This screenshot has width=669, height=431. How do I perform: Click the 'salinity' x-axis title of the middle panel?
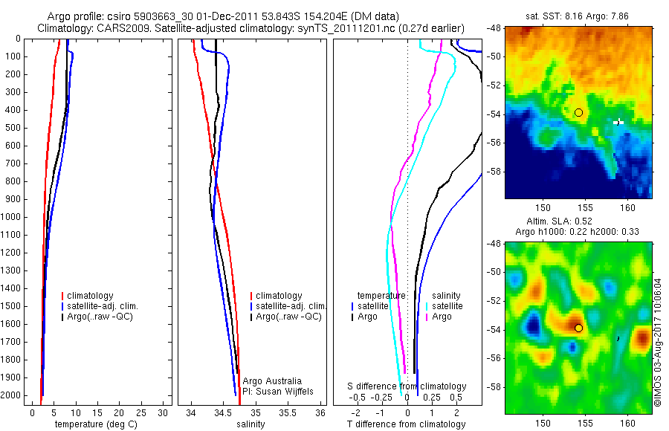click(252, 424)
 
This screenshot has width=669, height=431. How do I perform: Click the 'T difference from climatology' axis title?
click(406, 424)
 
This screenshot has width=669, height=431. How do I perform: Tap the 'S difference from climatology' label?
click(407, 386)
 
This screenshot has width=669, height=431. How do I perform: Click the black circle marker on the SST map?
click(578, 112)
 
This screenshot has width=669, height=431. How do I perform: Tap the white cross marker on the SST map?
click(618, 122)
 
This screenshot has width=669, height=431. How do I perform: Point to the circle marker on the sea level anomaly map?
click(578, 328)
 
